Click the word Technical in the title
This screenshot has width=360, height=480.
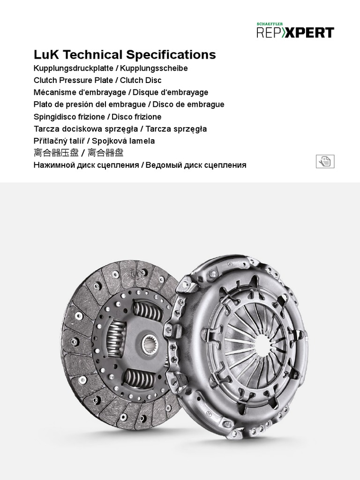[x=91, y=55]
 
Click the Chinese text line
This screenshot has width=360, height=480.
[x=78, y=153]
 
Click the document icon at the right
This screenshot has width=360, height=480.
[x=325, y=162]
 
